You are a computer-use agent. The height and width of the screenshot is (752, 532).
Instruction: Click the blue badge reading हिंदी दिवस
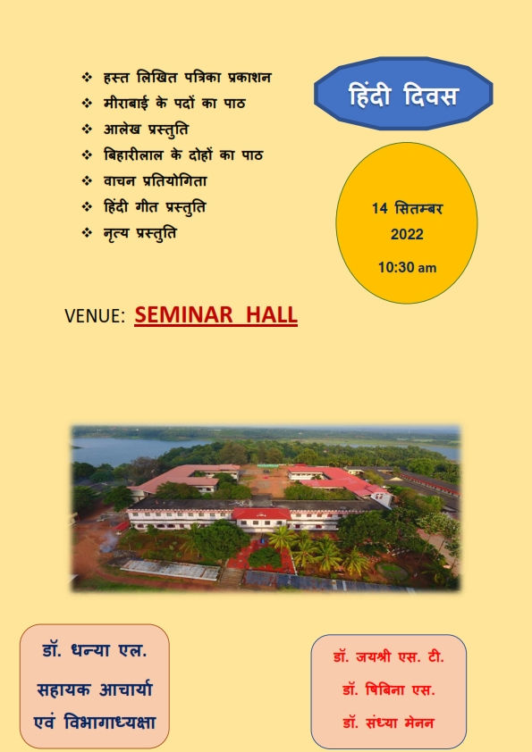pyautogui.click(x=403, y=94)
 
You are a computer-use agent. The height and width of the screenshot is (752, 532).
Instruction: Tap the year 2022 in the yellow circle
pyautogui.click(x=407, y=235)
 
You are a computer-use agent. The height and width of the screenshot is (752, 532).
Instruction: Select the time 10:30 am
pyautogui.click(x=407, y=267)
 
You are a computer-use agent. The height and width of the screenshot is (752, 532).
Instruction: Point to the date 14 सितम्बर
pyautogui.click(x=407, y=209)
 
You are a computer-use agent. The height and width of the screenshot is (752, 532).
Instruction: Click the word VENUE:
pyautogui.click(x=95, y=316)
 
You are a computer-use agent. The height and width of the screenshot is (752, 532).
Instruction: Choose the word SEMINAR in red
pyautogui.click(x=183, y=315)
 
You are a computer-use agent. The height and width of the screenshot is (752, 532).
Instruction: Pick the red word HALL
pyautogui.click(x=272, y=315)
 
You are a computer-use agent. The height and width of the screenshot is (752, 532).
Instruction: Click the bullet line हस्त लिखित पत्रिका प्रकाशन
pyautogui.click(x=188, y=77)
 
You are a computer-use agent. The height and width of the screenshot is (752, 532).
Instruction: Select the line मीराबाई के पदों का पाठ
pyautogui.click(x=174, y=103)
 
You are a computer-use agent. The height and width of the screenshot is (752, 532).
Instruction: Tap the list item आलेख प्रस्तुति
pyautogui.click(x=146, y=130)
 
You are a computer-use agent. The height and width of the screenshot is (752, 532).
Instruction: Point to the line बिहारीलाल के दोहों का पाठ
pyautogui.click(x=183, y=155)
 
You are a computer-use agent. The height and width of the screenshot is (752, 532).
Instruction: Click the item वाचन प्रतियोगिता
pyautogui.click(x=155, y=180)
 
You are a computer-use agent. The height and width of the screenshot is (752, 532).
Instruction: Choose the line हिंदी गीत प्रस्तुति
pyautogui.click(x=155, y=207)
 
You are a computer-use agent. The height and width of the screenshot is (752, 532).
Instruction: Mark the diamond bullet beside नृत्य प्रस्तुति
pyautogui.click(x=87, y=232)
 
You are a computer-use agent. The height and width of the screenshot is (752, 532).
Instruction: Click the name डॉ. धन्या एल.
pyautogui.click(x=95, y=651)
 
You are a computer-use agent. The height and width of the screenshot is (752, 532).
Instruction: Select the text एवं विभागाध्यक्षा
pyautogui.click(x=95, y=723)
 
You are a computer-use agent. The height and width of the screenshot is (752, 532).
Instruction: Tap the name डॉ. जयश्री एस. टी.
pyautogui.click(x=388, y=656)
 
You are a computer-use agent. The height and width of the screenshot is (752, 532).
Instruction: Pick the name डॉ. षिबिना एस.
pyautogui.click(x=388, y=689)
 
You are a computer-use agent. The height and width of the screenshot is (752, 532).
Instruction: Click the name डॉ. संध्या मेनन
pyautogui.click(x=388, y=723)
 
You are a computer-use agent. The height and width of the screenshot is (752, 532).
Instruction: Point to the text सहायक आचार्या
pyautogui.click(x=95, y=689)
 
